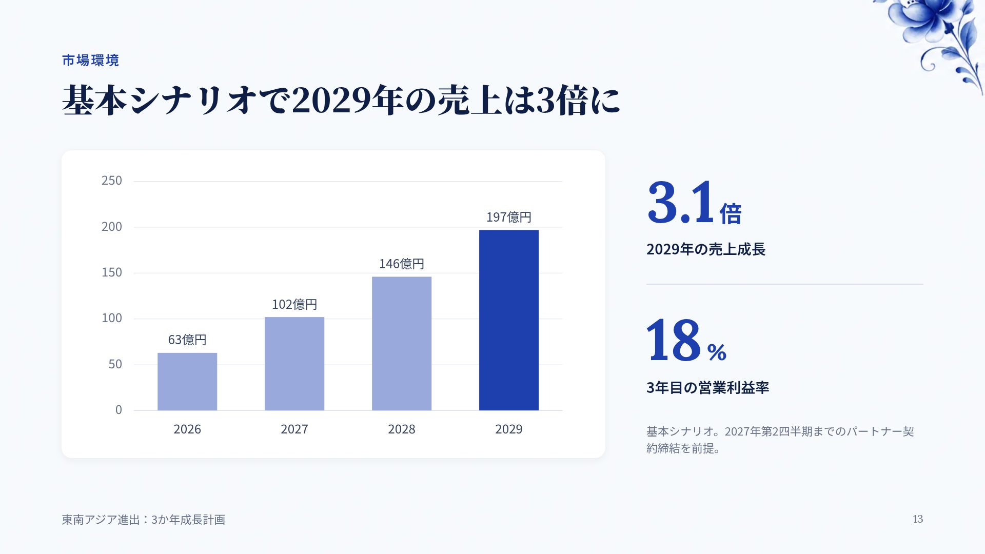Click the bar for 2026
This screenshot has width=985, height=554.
[x=187, y=382]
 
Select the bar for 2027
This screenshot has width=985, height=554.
[x=294, y=364]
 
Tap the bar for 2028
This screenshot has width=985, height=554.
[x=402, y=344]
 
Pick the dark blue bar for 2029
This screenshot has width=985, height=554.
[x=509, y=320]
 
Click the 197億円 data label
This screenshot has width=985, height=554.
[x=509, y=217]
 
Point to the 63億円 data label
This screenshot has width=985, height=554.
[x=187, y=340]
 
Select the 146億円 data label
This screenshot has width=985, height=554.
[x=402, y=264]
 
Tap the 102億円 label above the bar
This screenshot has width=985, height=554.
[x=294, y=304]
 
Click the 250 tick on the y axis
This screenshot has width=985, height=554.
[x=112, y=181]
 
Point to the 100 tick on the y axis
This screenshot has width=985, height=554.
[x=112, y=318]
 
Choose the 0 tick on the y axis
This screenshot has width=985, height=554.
[x=119, y=410]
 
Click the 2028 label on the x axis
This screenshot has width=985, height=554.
[x=402, y=429]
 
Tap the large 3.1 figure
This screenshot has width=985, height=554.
[x=681, y=202]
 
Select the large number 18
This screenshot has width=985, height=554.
[x=673, y=340]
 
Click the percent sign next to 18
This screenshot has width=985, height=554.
[x=717, y=352]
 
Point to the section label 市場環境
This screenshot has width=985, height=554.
[x=91, y=61]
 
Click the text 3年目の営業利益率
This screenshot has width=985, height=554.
[x=708, y=387]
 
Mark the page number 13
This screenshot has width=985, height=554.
[x=918, y=519]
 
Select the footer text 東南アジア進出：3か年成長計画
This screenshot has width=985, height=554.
[x=144, y=520]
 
